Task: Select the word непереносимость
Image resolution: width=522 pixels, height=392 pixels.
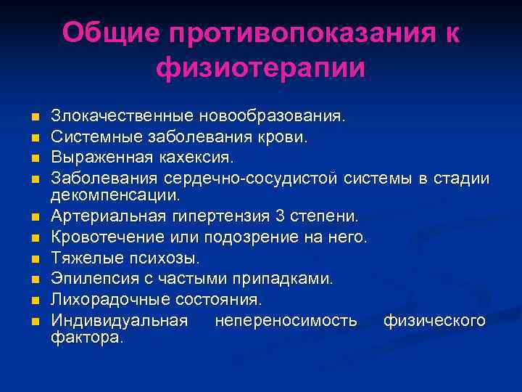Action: click(x=286, y=319)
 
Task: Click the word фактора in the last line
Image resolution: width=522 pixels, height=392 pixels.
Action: click(x=88, y=338)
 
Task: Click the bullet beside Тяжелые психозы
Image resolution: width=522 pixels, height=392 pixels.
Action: click(x=33, y=258)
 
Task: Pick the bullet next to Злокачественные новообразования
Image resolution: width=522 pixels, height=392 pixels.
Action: click(x=33, y=117)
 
